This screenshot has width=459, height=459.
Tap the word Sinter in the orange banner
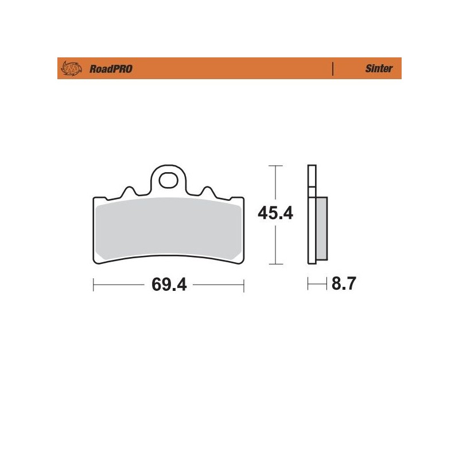click(379, 68)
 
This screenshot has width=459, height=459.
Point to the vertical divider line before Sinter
click(333, 68)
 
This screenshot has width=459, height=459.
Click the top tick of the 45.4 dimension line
click(276, 166)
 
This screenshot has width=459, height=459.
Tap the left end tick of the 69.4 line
click(94, 285)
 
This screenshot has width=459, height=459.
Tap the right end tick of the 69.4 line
click(244, 285)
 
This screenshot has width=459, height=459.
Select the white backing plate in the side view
click(312, 229)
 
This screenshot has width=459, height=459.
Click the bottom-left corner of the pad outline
click(96, 264)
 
